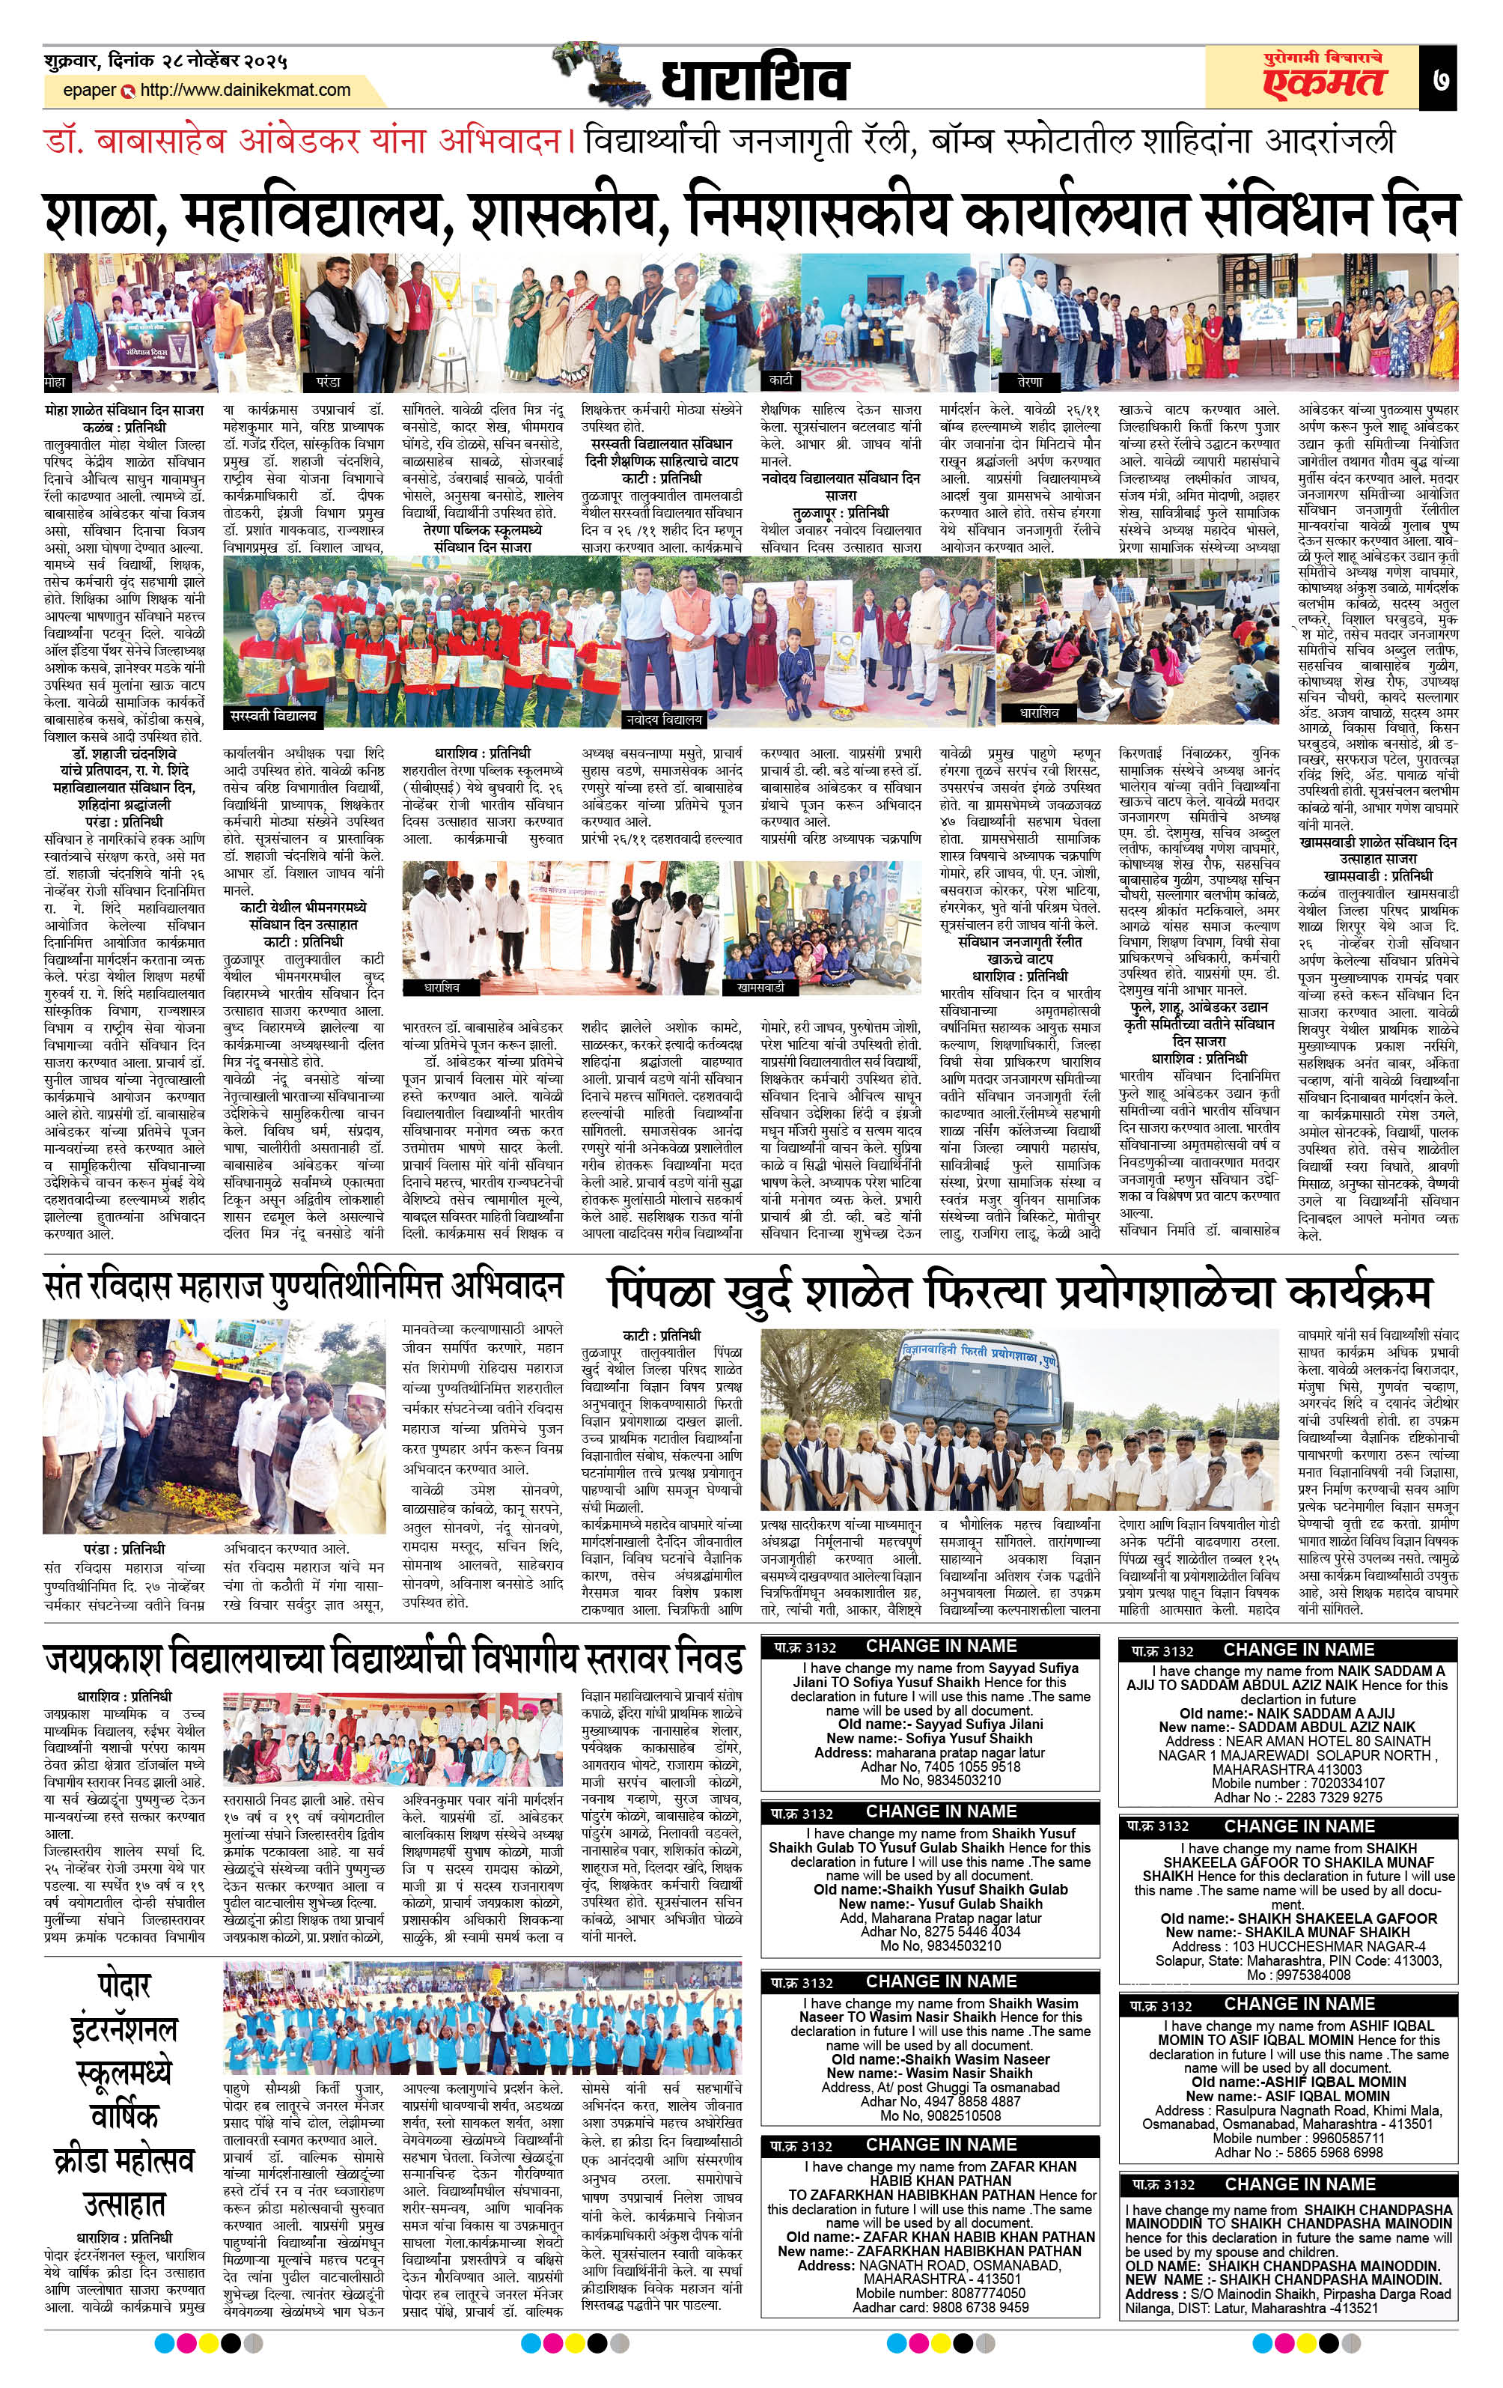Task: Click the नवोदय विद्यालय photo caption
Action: coord(663,719)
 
